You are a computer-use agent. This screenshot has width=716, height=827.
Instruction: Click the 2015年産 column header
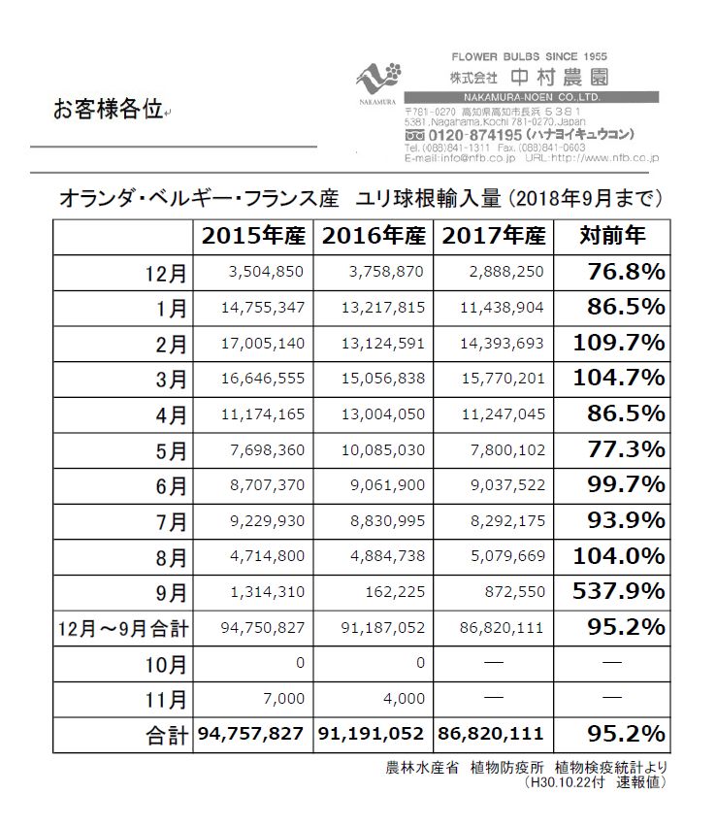(x=255, y=235)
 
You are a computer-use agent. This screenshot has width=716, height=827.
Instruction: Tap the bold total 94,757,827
(x=255, y=734)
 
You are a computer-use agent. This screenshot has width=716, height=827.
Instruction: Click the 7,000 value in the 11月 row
(x=285, y=698)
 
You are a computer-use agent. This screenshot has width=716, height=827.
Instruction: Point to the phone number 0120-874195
(x=473, y=134)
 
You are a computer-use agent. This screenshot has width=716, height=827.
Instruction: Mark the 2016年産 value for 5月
(x=384, y=449)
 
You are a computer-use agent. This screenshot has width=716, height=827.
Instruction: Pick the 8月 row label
(x=173, y=556)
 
